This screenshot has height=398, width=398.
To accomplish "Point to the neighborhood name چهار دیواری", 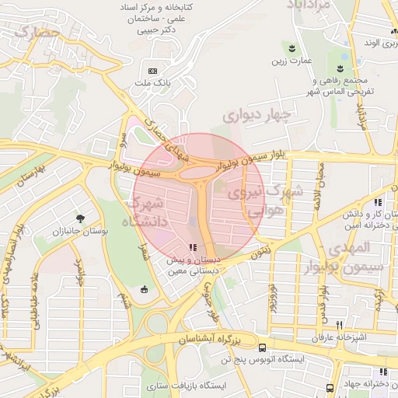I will click(257, 116).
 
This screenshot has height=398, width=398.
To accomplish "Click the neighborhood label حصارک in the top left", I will click(37, 33).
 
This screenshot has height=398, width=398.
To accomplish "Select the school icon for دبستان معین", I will click(193, 247).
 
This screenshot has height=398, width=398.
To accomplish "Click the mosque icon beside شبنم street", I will click(143, 289).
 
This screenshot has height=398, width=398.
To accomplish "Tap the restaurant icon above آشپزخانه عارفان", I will click(339, 324).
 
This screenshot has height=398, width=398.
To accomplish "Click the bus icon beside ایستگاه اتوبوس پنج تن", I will click(263, 347).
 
